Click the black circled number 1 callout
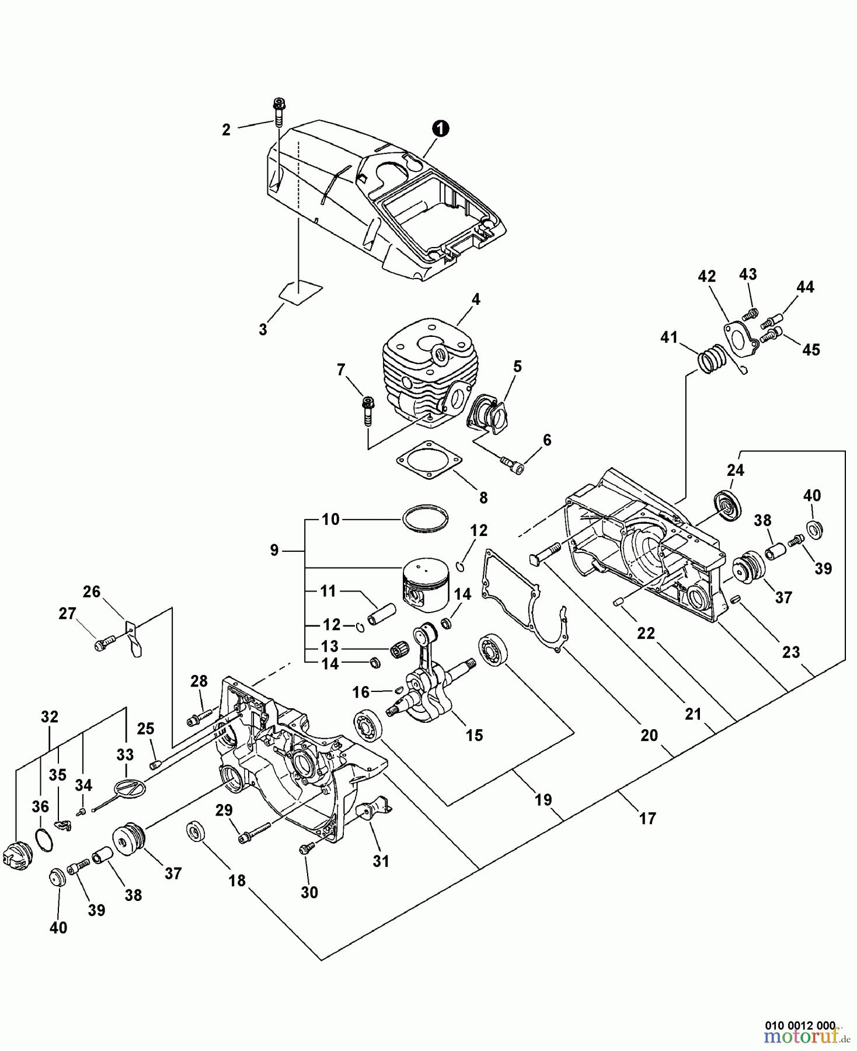(441, 128)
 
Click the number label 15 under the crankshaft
(474, 735)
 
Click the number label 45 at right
(811, 350)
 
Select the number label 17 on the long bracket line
(647, 819)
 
